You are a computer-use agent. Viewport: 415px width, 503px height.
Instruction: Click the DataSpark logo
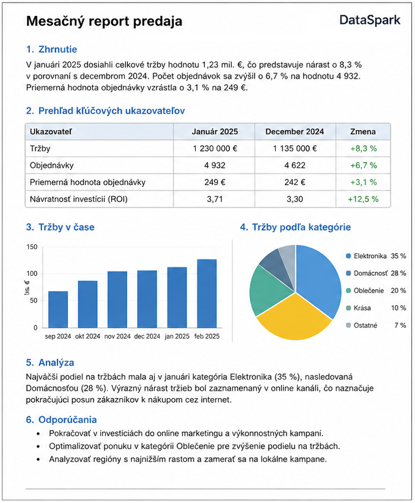click(370, 21)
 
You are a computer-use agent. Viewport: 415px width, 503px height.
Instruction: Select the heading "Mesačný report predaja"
click(104, 21)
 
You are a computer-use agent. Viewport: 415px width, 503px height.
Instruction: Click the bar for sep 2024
click(58, 309)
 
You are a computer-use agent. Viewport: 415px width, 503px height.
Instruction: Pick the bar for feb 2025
click(207, 293)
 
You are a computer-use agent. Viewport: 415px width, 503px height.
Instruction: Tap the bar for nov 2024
click(117, 299)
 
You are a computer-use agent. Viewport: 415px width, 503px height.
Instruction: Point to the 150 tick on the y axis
click(32, 247)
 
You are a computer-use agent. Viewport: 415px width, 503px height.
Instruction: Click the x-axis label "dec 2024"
click(147, 336)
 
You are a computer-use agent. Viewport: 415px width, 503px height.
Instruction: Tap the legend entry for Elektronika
click(376, 256)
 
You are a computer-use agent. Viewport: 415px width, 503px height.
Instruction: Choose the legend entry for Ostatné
click(376, 325)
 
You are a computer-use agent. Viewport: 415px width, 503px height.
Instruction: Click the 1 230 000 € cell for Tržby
click(215, 148)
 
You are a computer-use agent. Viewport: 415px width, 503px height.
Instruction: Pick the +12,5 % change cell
click(363, 199)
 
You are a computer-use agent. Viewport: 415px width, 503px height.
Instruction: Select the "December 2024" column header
click(295, 131)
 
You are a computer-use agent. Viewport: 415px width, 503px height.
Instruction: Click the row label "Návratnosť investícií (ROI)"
click(79, 199)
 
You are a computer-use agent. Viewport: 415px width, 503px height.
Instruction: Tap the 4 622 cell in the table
click(295, 165)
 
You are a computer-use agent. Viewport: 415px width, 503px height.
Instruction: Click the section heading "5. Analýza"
click(50, 363)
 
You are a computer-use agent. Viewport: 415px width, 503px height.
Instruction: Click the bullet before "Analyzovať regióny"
click(39, 460)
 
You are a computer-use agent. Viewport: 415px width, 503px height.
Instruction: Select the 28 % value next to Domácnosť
click(398, 273)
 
